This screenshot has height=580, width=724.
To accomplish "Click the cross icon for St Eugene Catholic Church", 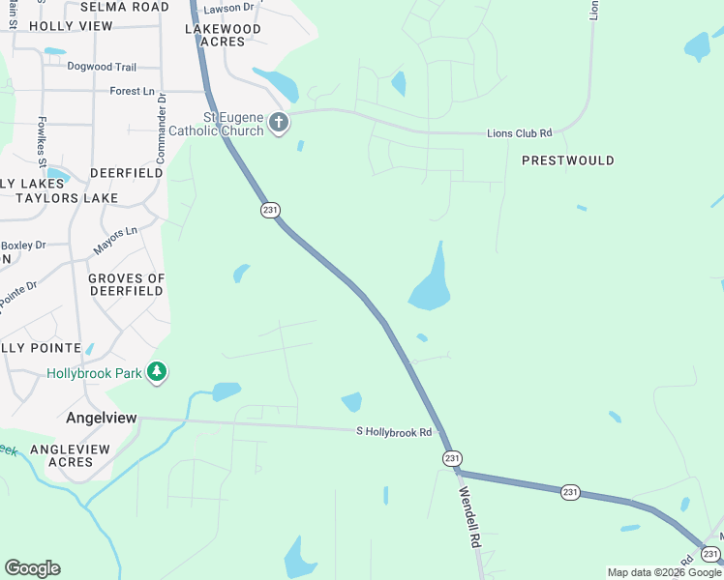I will pyautogui.click(x=279, y=123).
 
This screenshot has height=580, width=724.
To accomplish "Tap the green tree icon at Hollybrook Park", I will pyautogui.click(x=157, y=372).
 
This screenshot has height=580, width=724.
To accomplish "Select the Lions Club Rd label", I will pyautogui.click(x=519, y=133).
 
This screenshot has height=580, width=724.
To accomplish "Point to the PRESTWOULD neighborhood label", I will pyautogui.click(x=568, y=160).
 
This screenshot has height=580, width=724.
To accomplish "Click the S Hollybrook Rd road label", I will pyautogui.click(x=394, y=432).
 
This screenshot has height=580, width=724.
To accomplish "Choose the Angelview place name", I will pyautogui.click(x=102, y=418).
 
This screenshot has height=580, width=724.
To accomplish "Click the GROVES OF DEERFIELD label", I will pyautogui.click(x=126, y=284).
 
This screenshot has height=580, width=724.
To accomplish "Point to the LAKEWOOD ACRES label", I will pyautogui.click(x=224, y=36).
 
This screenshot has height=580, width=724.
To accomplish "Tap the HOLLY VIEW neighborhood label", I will pyautogui.click(x=71, y=26).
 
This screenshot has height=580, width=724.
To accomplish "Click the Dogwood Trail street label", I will pyautogui.click(x=102, y=67).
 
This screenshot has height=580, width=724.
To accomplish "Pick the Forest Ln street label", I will pyautogui.click(x=133, y=91).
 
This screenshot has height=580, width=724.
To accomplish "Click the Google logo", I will pyautogui.click(x=32, y=568).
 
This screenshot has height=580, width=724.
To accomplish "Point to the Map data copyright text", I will pyautogui.click(x=664, y=572).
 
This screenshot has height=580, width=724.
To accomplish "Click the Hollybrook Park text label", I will pyautogui.click(x=94, y=373).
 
